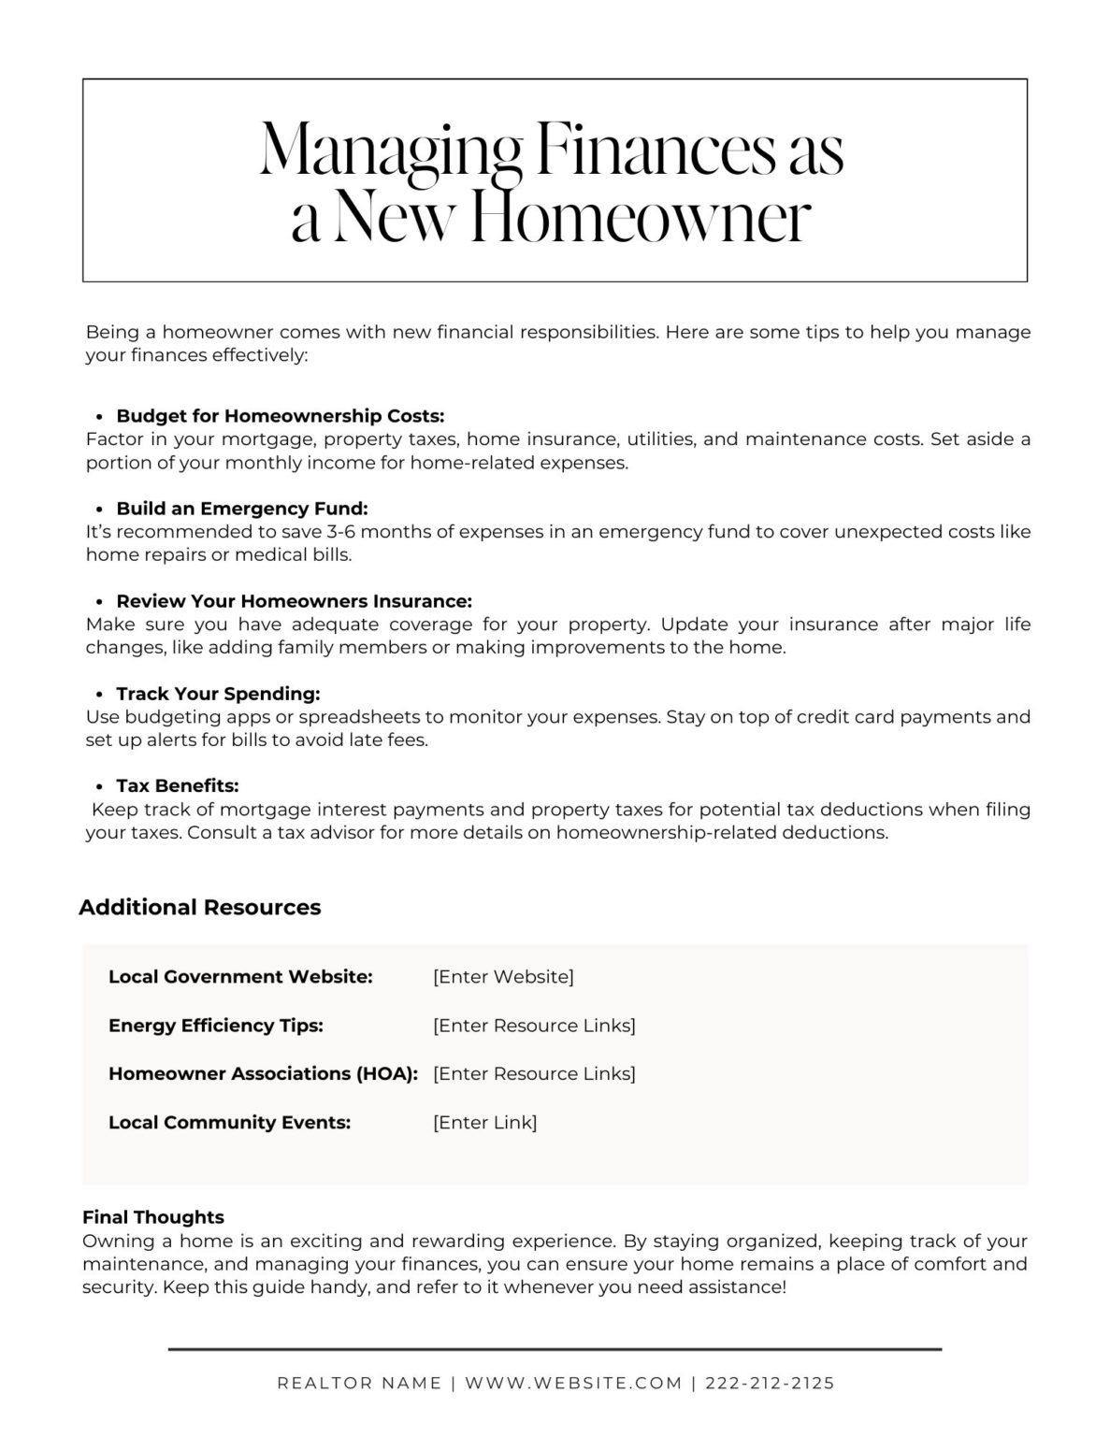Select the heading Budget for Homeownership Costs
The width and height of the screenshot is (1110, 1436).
tap(280, 416)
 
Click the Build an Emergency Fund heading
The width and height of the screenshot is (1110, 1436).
tap(242, 509)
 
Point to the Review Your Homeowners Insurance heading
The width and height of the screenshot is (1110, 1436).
tap(294, 601)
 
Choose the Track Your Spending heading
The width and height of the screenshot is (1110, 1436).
tap(218, 694)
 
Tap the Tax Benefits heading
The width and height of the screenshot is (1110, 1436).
tap(178, 786)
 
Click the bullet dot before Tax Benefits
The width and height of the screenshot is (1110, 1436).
tap(99, 787)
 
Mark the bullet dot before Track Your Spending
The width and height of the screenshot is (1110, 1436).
tap(99, 695)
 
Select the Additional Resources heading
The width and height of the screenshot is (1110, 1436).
tap(199, 908)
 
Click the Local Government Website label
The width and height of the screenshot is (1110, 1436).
tap(240, 977)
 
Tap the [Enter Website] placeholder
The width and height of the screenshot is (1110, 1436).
tap(503, 977)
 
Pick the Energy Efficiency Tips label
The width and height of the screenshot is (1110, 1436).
tap(216, 1026)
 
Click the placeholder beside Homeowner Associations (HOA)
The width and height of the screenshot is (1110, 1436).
tap(534, 1074)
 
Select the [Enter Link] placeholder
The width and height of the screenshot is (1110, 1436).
tap(484, 1123)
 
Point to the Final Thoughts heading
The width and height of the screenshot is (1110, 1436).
tap(153, 1217)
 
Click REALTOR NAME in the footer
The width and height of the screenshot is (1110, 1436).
tap(359, 1384)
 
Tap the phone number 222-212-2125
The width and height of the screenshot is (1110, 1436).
tap(770, 1384)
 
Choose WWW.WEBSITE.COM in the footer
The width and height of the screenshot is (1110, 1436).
tap(573, 1384)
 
